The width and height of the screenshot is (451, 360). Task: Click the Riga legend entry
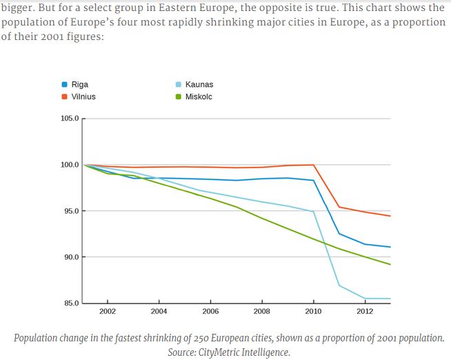tap(79, 85)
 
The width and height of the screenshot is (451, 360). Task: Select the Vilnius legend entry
tap(83, 97)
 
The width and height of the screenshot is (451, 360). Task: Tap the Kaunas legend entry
tap(199, 85)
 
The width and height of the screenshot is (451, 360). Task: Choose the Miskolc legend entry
tap(198, 97)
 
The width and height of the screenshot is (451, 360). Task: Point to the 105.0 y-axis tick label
tap(70, 119)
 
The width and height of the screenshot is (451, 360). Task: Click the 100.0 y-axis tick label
tap(70, 165)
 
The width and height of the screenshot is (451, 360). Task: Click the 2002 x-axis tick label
tap(108, 312)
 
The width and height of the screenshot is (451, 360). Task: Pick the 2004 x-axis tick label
tap(159, 312)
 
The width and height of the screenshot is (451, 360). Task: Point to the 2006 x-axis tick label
tap(210, 312)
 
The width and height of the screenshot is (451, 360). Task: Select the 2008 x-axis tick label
tap(262, 312)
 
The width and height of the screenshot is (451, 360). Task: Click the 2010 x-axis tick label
tap(314, 312)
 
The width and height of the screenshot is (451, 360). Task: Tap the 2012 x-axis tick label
tap(365, 312)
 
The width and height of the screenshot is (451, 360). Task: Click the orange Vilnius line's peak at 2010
tap(314, 165)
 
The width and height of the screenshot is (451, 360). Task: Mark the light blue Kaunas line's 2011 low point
tap(339, 286)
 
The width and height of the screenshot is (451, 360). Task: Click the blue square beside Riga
tap(65, 85)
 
